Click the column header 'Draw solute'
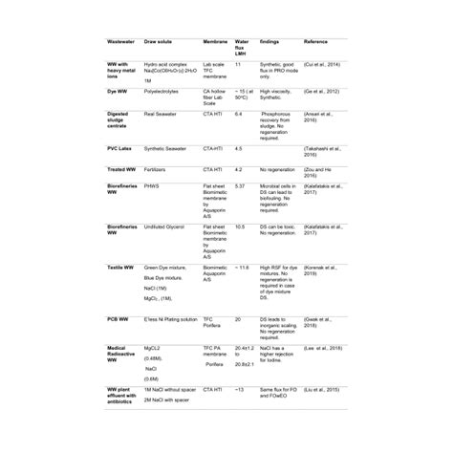coord(160,42)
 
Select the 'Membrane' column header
coord(217,42)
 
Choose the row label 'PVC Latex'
coord(123,149)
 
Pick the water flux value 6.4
coord(239,113)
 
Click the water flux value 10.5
coord(240,226)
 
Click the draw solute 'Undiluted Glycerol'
coord(168,226)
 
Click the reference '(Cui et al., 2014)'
coord(321,62)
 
